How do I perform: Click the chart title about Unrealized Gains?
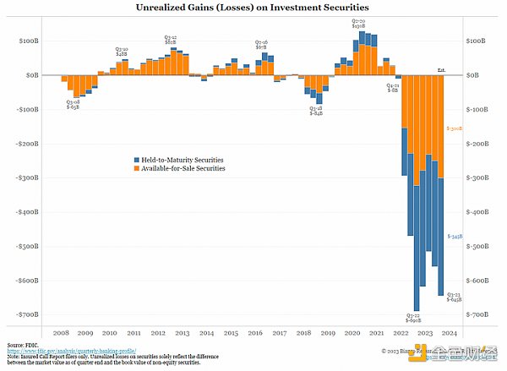coord(253,8)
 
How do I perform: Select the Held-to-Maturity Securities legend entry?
coord(183,160)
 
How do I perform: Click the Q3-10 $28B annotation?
coord(121,52)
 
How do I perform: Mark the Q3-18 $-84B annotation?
coord(315,110)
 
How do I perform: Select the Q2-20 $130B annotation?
coord(358,23)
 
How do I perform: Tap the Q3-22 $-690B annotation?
coord(413,318)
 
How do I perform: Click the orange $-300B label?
coord(455,128)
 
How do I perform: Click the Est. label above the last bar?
coord(441,69)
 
